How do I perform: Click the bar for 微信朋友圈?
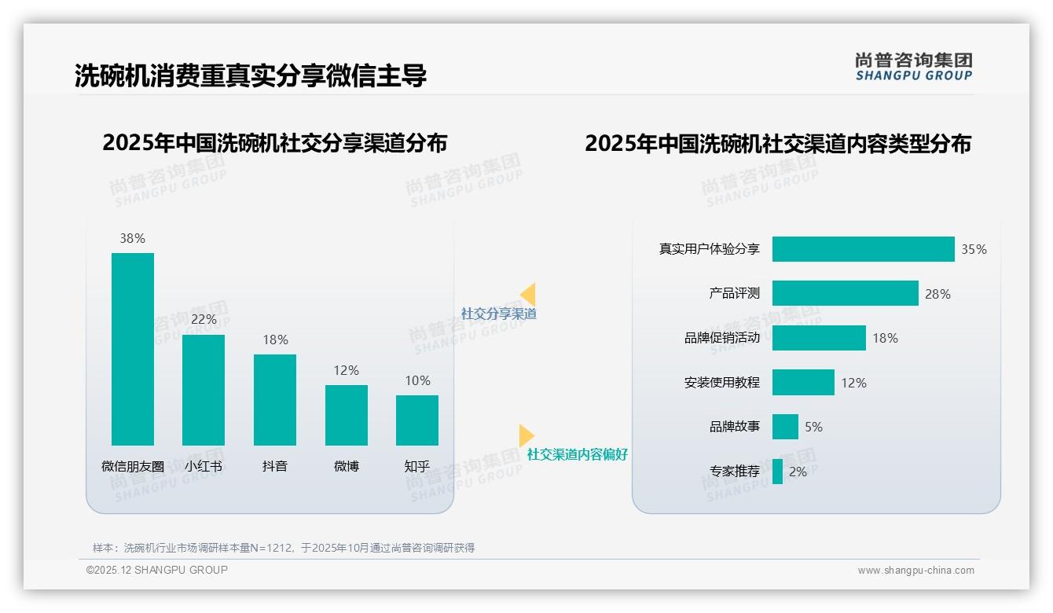(x=133, y=349)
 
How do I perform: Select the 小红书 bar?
(x=204, y=390)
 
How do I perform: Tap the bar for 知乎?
(x=417, y=420)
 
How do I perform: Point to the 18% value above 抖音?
(x=275, y=340)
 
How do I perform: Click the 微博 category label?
(x=347, y=466)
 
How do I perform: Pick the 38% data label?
(x=132, y=238)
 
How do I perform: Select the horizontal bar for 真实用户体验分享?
(x=863, y=249)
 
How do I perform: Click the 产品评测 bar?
(x=845, y=293)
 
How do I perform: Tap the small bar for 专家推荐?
(x=777, y=472)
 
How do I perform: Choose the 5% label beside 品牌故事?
(x=813, y=427)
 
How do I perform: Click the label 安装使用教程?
(x=721, y=383)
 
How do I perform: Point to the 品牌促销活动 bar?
(x=819, y=338)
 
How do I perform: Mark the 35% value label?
(x=974, y=249)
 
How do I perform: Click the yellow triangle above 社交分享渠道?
(x=528, y=295)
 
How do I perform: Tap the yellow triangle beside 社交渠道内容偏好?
(x=526, y=435)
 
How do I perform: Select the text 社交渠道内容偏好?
(x=577, y=454)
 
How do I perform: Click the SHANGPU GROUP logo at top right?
(x=913, y=67)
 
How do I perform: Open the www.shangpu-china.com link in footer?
(x=915, y=571)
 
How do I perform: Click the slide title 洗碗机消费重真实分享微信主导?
(x=251, y=75)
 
